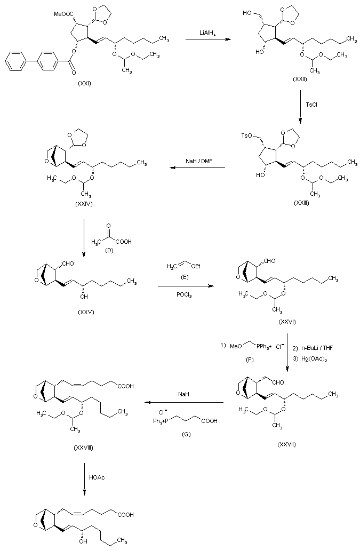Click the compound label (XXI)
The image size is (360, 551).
(x=84, y=83)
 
